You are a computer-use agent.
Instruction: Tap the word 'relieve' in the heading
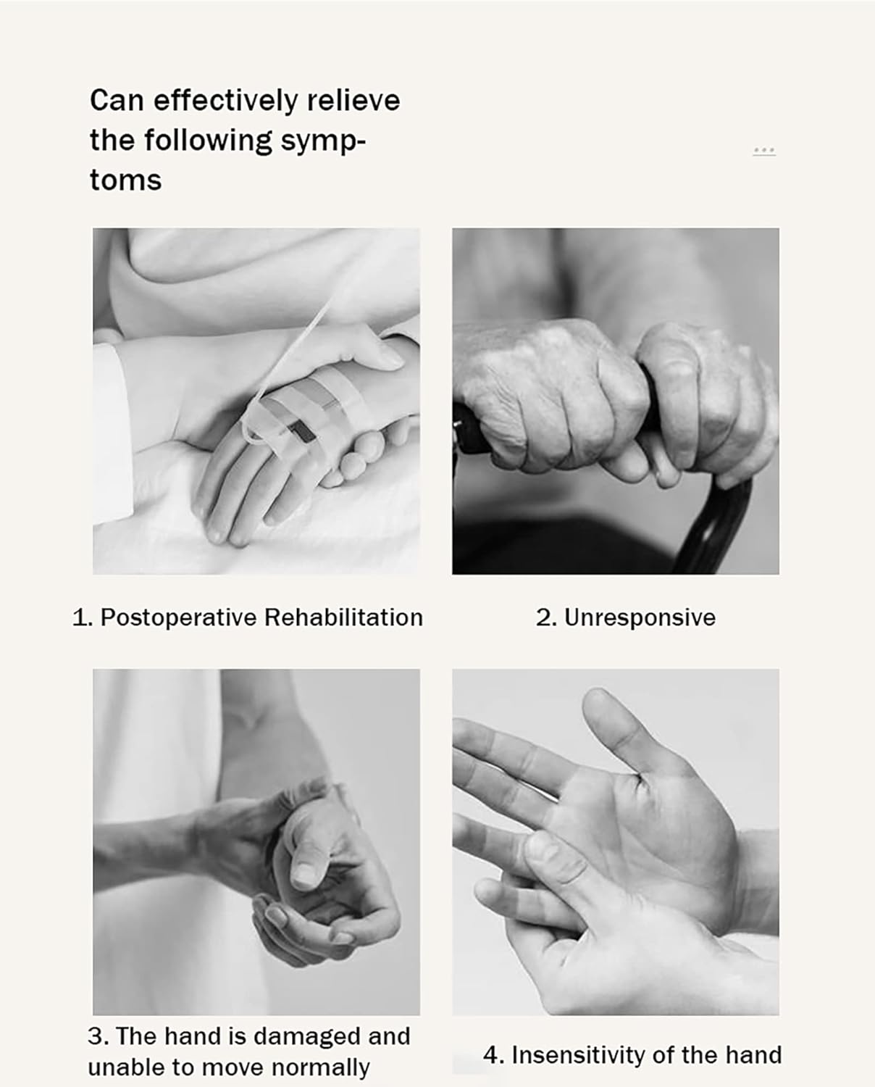tap(353, 100)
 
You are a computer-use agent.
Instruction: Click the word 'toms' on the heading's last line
tap(125, 180)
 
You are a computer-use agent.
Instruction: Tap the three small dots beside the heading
tap(764, 151)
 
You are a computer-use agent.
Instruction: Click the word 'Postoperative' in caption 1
tap(178, 617)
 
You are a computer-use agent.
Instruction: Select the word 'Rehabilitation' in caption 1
tap(343, 617)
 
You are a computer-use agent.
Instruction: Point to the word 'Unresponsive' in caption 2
tap(640, 617)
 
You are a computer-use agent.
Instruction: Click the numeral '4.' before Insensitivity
tap(493, 1055)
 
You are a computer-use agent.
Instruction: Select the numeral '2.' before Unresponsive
tap(545, 617)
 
